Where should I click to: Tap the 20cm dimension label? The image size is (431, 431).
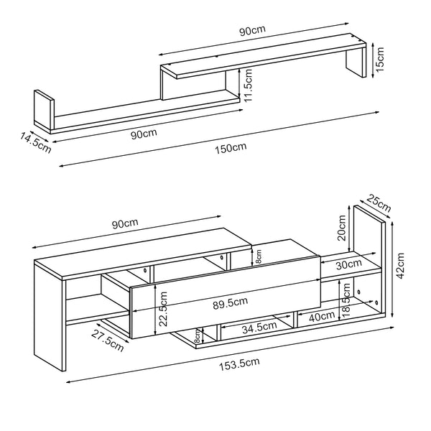point(343,231)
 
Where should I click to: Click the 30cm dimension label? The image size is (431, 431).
point(349,264)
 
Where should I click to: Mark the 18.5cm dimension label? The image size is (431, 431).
point(346,299)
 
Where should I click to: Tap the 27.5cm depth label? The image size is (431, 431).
point(106,340)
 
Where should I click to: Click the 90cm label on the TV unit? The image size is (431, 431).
point(126,224)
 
